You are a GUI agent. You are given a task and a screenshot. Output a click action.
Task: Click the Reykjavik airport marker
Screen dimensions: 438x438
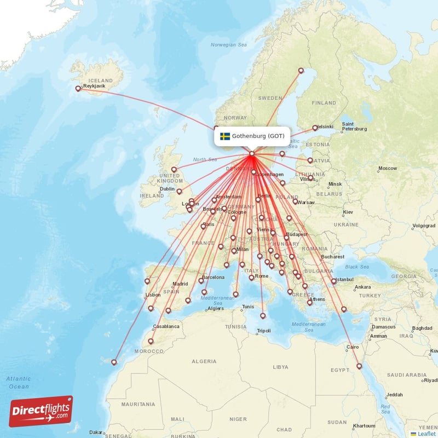[x=78, y=88]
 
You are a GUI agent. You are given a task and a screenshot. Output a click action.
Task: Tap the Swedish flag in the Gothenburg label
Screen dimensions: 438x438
[x=224, y=136]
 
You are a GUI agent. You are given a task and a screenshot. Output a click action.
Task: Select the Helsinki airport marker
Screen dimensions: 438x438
[x=315, y=128]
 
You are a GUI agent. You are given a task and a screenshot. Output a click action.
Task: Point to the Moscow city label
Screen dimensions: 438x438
[x=388, y=168]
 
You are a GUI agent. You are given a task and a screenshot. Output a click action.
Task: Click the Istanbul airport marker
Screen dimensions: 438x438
[x=333, y=281]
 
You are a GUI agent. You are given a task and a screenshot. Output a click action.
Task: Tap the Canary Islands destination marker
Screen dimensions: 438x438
[x=114, y=361]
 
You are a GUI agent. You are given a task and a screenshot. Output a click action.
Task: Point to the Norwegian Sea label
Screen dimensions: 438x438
[x=230, y=44]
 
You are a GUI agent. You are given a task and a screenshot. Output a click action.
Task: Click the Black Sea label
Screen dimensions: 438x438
[x=357, y=267]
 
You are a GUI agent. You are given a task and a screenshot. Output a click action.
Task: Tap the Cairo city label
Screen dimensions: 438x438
[x=353, y=347]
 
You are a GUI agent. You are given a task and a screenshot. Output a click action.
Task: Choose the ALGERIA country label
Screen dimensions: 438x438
[x=204, y=361]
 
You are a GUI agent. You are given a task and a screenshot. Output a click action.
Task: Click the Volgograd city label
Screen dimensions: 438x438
[x=423, y=226]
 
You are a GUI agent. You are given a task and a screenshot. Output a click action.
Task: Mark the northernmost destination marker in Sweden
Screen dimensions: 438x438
[x=301, y=70]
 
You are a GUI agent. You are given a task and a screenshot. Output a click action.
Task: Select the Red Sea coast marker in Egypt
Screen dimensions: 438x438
[x=359, y=366]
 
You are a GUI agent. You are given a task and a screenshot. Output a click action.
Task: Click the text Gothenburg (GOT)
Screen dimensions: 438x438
[x=258, y=136]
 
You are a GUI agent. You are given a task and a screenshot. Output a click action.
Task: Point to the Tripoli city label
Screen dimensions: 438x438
[x=264, y=331]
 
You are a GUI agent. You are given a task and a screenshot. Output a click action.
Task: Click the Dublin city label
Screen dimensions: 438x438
[x=167, y=189]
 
